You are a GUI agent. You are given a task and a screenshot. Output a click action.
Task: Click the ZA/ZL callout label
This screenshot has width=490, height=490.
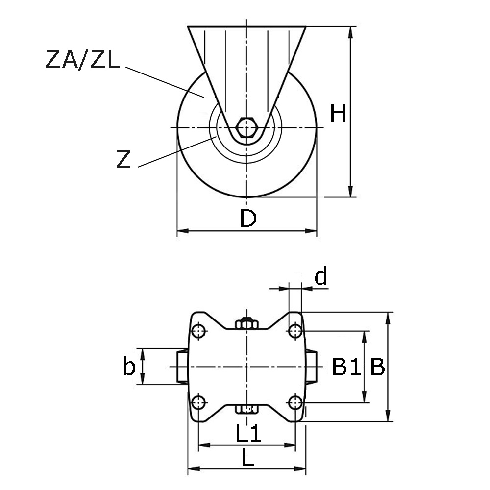tap(82, 60)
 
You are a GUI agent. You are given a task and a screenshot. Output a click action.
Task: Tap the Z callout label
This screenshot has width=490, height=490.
tap(124, 160)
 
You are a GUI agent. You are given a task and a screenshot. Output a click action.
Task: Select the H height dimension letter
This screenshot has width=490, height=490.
tap(338, 113)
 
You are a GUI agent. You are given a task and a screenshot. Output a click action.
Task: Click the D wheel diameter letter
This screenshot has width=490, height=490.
tap(248, 219)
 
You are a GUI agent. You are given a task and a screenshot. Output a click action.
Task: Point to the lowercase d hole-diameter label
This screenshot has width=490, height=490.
tap(321, 277)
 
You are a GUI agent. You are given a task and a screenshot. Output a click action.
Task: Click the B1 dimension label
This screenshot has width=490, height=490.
tap(346, 367)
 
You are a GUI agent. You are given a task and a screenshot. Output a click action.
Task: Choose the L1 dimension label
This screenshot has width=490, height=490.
tap(248, 434)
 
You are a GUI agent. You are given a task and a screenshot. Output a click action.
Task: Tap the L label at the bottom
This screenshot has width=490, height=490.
tap(248, 459)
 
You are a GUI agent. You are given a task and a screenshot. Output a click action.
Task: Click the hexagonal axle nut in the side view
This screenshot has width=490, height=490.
tap(246, 127)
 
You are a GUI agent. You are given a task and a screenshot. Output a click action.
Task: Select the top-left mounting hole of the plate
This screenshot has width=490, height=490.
tap(198, 331)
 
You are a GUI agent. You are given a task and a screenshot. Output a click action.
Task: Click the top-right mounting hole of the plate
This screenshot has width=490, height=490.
tap(294, 331)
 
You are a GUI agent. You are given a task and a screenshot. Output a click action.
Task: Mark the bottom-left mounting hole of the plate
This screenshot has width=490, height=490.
tap(198, 403)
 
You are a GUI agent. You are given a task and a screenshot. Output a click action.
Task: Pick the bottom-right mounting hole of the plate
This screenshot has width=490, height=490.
tap(294, 403)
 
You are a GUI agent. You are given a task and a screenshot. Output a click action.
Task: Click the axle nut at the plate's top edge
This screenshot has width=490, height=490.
tap(246, 324)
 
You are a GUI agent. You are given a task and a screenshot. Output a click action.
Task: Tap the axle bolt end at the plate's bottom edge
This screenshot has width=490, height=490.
tap(246, 409)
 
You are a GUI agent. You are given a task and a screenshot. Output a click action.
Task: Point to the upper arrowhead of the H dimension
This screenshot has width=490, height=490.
tap(351, 32)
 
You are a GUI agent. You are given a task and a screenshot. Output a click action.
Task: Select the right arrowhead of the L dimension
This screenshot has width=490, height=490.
tap(302, 469)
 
